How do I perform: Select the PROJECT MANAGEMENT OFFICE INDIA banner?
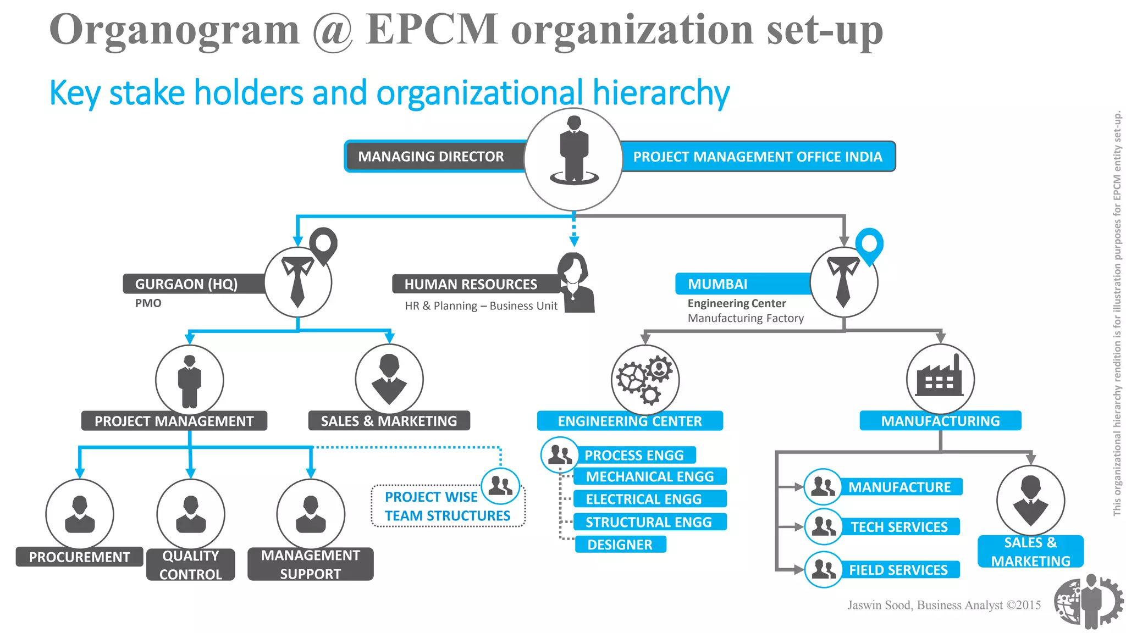[x=757, y=157]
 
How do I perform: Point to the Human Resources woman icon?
[x=575, y=282]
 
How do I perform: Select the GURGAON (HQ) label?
[x=186, y=284]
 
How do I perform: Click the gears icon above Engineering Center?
[x=645, y=379]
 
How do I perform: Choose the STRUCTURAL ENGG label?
[x=649, y=522]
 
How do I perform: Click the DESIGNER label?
[x=620, y=545]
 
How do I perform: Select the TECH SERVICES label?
[x=899, y=527]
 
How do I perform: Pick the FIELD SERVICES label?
[x=898, y=570]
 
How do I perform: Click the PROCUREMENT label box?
[x=79, y=557]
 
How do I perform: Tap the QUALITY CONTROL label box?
[x=190, y=565]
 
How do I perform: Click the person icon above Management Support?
[x=311, y=514]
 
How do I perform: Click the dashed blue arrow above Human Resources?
[x=574, y=231]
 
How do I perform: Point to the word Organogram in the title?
[x=174, y=30]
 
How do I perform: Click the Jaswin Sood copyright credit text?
[x=943, y=605]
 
